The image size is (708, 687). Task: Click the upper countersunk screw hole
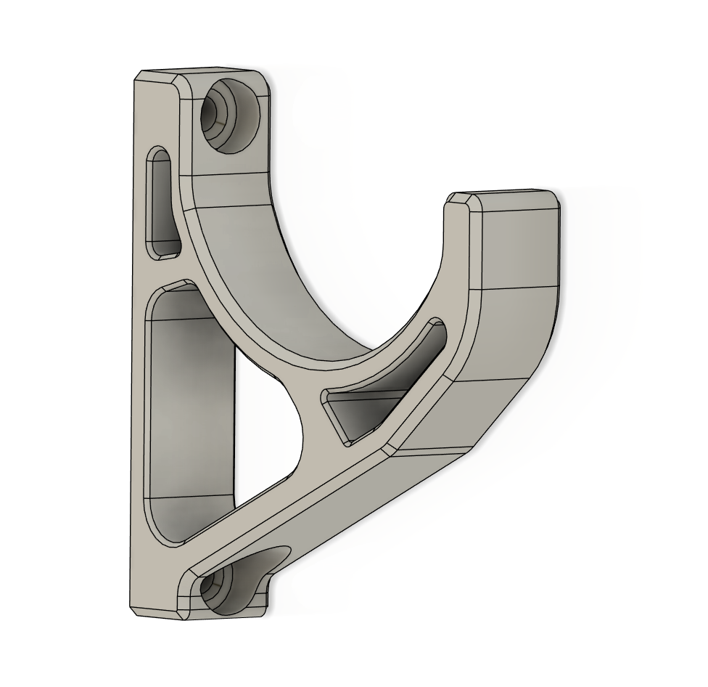[231, 115]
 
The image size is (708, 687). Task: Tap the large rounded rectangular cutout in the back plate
[190, 407]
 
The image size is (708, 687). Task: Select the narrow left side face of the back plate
[139, 363]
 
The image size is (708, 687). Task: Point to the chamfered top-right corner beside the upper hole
[266, 80]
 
